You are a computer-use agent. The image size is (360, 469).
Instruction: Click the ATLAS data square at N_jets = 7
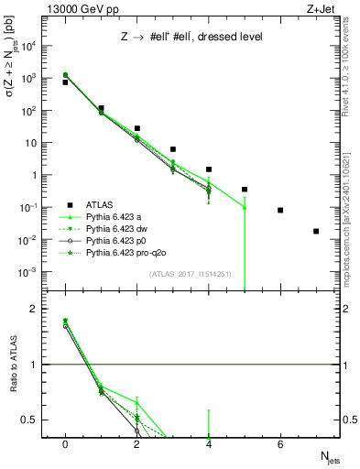(316, 231)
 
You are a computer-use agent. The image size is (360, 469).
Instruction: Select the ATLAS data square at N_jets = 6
(280, 210)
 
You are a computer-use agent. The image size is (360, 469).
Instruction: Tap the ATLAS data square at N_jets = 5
(245, 190)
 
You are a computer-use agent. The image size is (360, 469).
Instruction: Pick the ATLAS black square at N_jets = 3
(173, 149)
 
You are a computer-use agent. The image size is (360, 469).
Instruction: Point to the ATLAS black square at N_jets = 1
(101, 108)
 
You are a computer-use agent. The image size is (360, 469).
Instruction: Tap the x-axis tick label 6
(280, 444)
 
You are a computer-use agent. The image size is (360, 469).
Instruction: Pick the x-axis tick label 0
(65, 444)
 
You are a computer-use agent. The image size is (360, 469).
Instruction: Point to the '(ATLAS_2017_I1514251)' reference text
(189, 274)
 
